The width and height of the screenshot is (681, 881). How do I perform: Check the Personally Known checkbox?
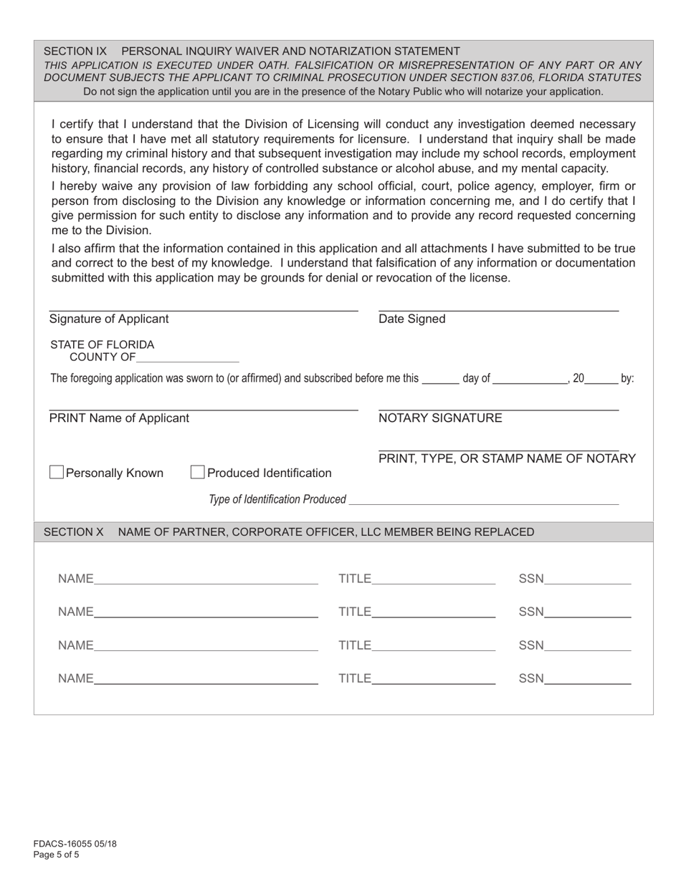tap(57, 473)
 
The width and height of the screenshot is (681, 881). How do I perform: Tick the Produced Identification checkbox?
tap(198, 473)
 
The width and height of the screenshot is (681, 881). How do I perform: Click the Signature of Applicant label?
tap(109, 319)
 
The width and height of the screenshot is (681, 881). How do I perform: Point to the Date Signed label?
tap(411, 319)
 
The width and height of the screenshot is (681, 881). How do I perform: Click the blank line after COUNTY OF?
tap(187, 358)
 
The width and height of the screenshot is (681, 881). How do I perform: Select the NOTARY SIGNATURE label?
tap(440, 418)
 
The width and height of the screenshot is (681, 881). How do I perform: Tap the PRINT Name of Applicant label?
tap(119, 418)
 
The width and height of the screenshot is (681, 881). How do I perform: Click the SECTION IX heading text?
tap(252, 52)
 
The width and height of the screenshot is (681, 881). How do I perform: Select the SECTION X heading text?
tap(289, 532)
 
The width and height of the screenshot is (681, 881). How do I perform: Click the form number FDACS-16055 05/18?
tap(75, 844)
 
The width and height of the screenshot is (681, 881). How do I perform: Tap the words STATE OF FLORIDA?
tap(102, 345)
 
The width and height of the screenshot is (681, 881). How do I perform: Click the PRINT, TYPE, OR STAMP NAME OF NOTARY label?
tap(507, 459)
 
